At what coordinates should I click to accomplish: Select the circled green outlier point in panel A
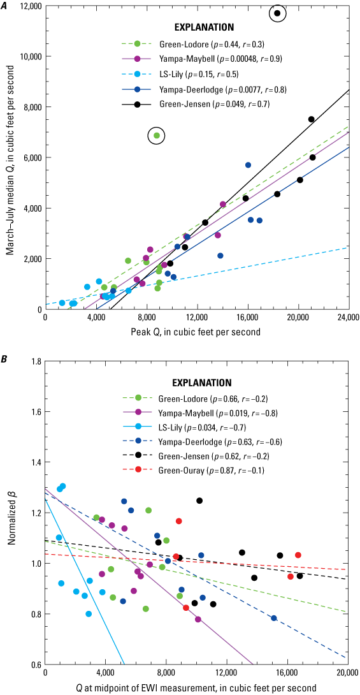157,135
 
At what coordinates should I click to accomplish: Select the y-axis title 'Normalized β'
10,513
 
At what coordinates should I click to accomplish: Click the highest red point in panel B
179,521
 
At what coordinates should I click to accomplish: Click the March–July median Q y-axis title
10,157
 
